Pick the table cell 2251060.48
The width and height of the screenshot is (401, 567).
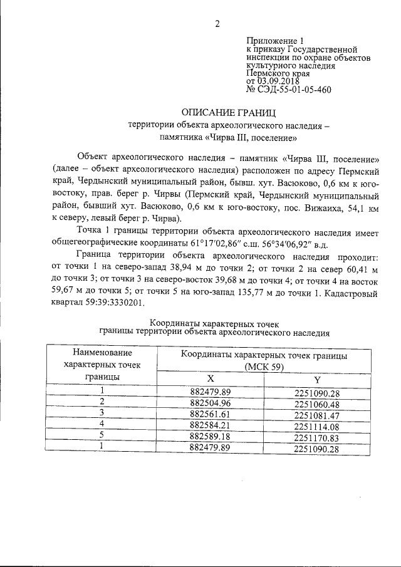316,403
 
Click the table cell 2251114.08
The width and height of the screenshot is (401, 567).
316,426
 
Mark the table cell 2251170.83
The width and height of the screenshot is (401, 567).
316,437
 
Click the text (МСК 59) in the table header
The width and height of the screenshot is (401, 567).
263,367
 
